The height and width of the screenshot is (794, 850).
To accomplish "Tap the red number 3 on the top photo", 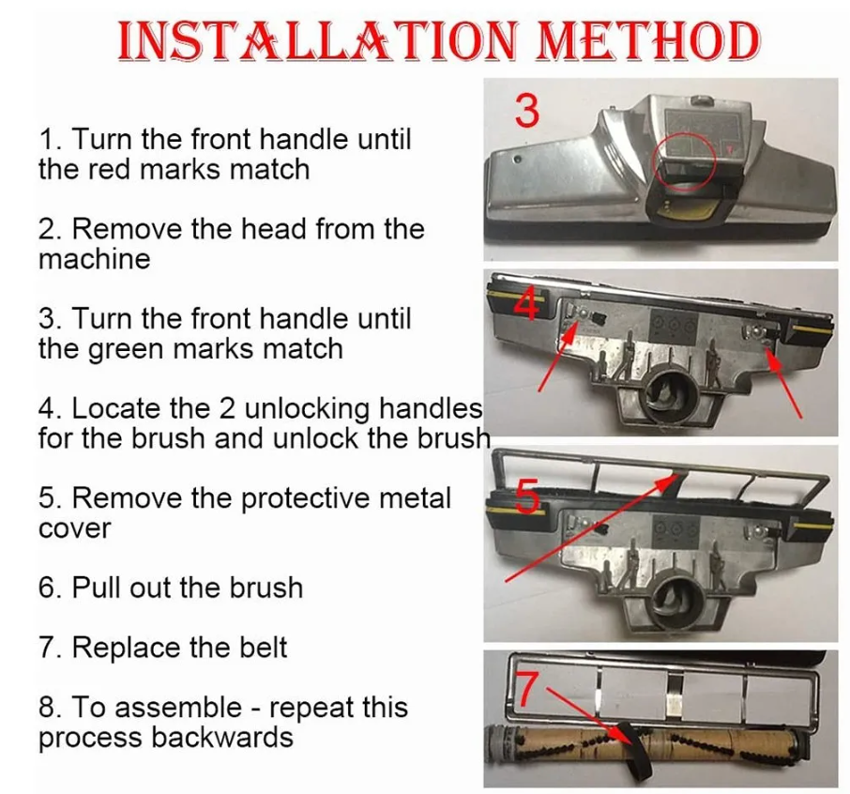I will point(527,110).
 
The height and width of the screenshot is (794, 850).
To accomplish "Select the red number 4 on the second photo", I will point(527,304).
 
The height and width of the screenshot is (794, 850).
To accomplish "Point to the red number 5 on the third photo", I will point(528,496).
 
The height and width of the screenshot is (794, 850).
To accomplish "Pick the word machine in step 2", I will point(94,259).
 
